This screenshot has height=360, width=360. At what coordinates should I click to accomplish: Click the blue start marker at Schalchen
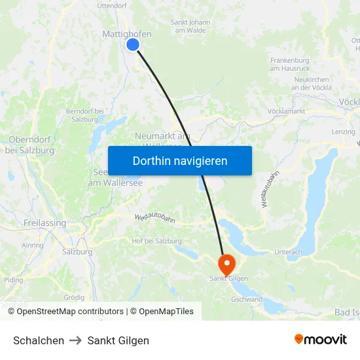point(133,45)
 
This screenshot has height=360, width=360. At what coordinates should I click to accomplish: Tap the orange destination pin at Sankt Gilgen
point(226,264)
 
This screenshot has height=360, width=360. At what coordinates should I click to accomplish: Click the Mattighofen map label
point(127,34)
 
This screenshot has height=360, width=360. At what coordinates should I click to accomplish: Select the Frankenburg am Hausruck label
point(289,64)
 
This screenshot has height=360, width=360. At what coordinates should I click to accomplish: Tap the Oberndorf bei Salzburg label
point(30,145)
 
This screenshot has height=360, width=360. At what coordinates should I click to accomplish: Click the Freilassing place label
point(45,223)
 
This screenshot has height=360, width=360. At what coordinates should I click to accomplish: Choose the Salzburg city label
point(77,251)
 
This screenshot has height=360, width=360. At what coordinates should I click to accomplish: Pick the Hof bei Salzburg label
point(156,241)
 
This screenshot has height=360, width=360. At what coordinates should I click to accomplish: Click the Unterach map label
point(289,252)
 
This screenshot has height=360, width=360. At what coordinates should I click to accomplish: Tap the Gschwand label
point(247,300)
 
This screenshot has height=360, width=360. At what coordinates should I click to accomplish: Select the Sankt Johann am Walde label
point(190,26)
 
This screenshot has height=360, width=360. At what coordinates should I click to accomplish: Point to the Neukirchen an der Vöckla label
point(312,83)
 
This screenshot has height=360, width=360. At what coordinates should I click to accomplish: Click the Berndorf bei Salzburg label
point(85,115)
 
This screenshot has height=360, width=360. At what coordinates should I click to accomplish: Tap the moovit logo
point(321,340)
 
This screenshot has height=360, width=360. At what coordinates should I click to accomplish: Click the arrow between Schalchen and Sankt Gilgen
point(76,340)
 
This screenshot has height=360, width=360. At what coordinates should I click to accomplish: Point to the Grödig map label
point(74,297)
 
